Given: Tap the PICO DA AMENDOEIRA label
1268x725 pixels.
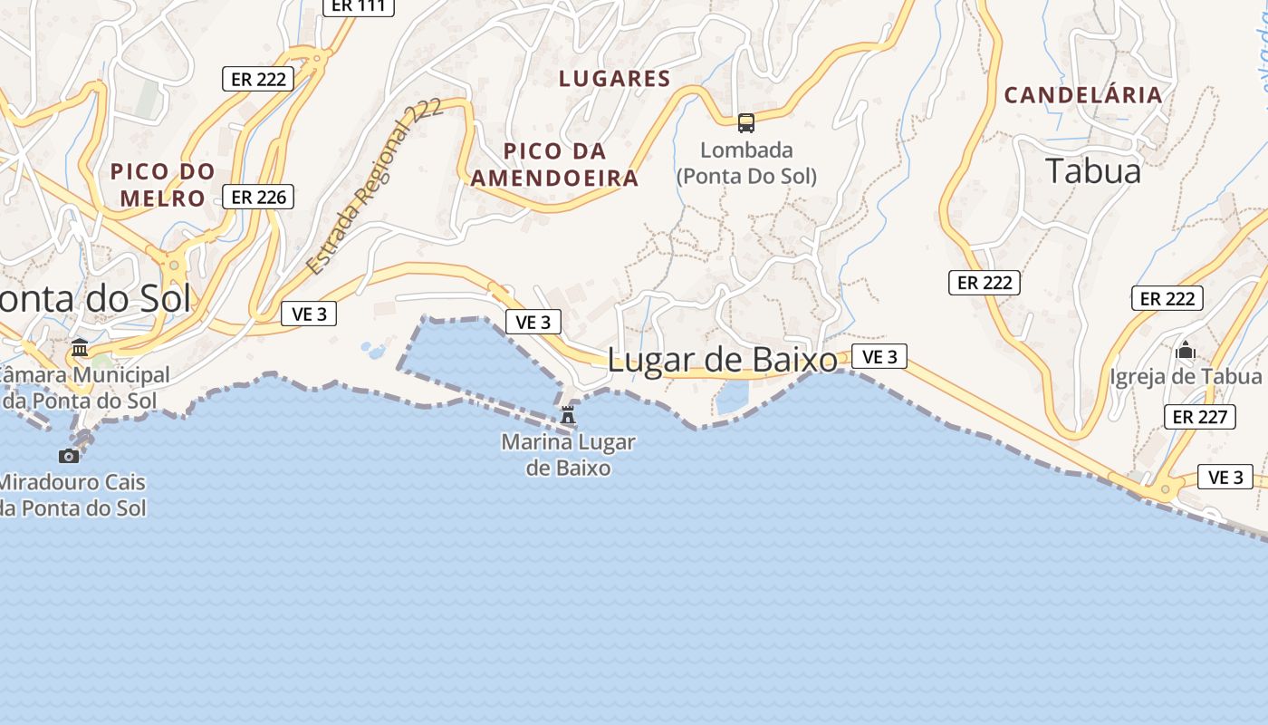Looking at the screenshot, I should tap(554, 164).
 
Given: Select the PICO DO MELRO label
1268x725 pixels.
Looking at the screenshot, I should tap(163, 184).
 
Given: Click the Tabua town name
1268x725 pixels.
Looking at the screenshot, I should tap(1093, 170).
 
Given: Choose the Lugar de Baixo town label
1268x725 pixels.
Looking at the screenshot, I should tap(723, 360).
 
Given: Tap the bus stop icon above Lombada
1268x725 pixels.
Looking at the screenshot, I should tap(746, 122).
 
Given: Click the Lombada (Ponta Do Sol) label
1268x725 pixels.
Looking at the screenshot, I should tap(746, 163).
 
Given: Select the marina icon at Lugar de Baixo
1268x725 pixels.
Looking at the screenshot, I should tap(568, 415).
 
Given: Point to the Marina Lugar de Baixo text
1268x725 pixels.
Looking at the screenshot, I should tap(568, 455).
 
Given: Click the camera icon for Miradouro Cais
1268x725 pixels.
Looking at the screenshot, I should tap(69, 455).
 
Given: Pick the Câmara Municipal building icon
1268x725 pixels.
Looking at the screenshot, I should tap(80, 348).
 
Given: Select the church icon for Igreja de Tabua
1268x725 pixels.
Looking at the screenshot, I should tap(1186, 350).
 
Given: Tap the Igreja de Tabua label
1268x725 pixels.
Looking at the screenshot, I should tap(1186, 376).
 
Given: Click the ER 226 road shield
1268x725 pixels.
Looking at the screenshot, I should tap(258, 197).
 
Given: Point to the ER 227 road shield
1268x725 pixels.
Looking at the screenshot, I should tap(1200, 417).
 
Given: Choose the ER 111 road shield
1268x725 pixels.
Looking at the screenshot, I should tap(359, 6).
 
